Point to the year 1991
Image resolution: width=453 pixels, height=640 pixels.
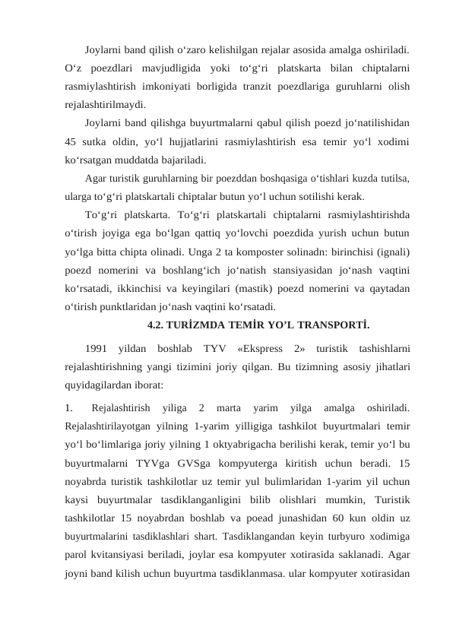(97, 349)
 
